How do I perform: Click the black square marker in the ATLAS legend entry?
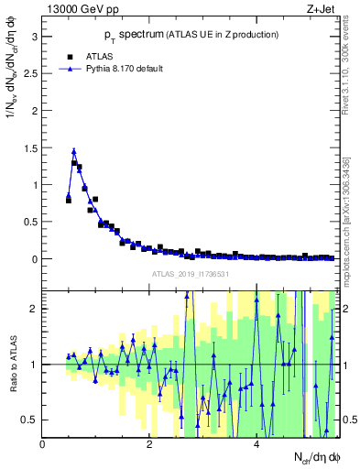tap(69, 55)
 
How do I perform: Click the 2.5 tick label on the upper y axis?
tap(29, 73)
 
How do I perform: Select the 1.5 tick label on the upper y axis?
tap(29, 147)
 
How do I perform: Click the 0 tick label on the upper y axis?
tap(34, 259)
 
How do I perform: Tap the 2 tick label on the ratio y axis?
tap(34, 309)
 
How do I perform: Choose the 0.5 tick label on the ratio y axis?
tap(29, 420)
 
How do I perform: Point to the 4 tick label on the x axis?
tap(256, 444)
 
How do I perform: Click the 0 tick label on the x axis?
tap(43, 444)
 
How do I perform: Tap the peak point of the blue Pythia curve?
tap(74, 151)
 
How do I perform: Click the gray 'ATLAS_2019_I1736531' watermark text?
tap(190, 274)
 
